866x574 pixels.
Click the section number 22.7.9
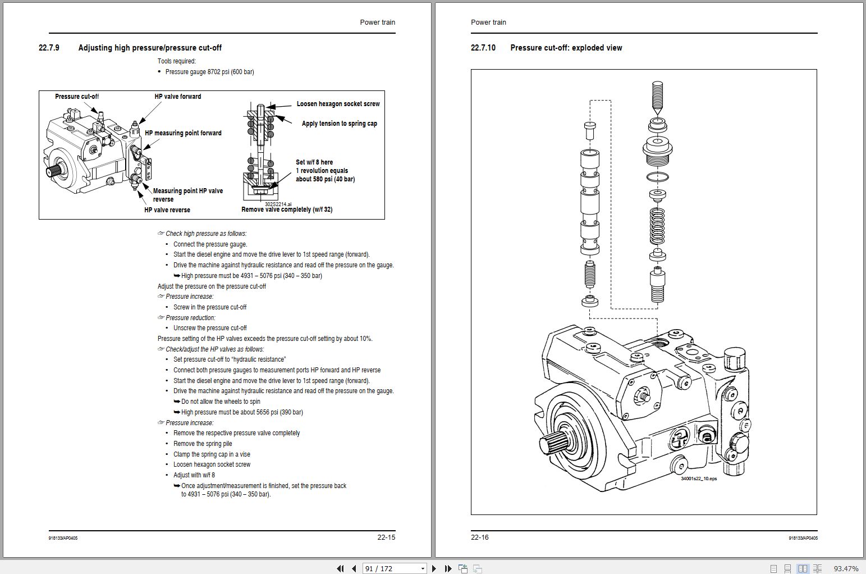pyautogui.click(x=49, y=48)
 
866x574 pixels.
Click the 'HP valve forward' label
pyautogui.click(x=177, y=97)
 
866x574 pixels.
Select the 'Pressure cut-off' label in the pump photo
pyautogui.click(x=76, y=97)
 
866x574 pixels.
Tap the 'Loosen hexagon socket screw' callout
pyautogui.click(x=338, y=104)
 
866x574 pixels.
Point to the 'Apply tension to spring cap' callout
pyautogui.click(x=339, y=124)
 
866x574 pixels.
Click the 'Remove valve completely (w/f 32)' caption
pyautogui.click(x=287, y=209)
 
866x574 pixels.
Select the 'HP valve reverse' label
pyautogui.click(x=167, y=210)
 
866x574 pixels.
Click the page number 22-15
pyautogui.click(x=386, y=537)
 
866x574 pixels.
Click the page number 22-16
pyautogui.click(x=480, y=537)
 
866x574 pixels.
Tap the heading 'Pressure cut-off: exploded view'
pyautogui.click(x=566, y=48)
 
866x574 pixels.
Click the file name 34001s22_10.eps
pyautogui.click(x=698, y=479)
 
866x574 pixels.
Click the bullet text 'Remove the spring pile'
pyautogui.click(x=203, y=444)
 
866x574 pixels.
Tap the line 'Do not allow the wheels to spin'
pyautogui.click(x=221, y=402)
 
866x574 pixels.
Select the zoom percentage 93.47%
pyautogui.click(x=846, y=568)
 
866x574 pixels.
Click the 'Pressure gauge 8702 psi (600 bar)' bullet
pyautogui.click(x=209, y=72)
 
